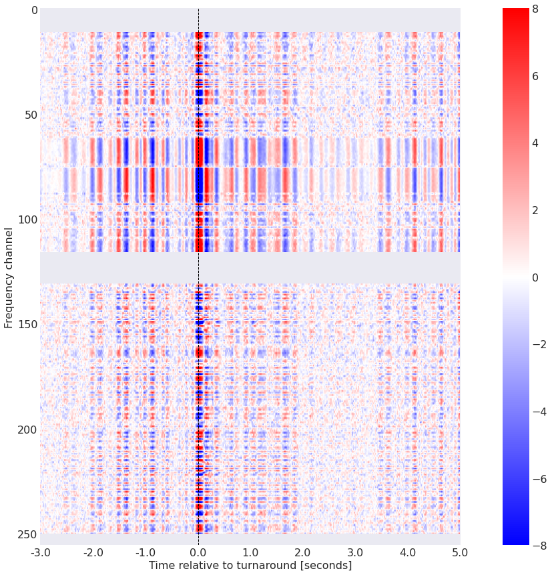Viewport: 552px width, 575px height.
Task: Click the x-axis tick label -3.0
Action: click(x=40, y=552)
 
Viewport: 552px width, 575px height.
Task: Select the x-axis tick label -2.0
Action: click(x=93, y=552)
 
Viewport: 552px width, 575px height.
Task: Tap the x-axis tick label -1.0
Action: click(x=146, y=552)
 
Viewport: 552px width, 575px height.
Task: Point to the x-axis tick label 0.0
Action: click(x=198, y=552)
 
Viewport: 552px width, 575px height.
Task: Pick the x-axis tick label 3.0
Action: click(x=355, y=552)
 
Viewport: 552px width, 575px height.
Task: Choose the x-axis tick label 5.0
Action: click(x=460, y=552)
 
